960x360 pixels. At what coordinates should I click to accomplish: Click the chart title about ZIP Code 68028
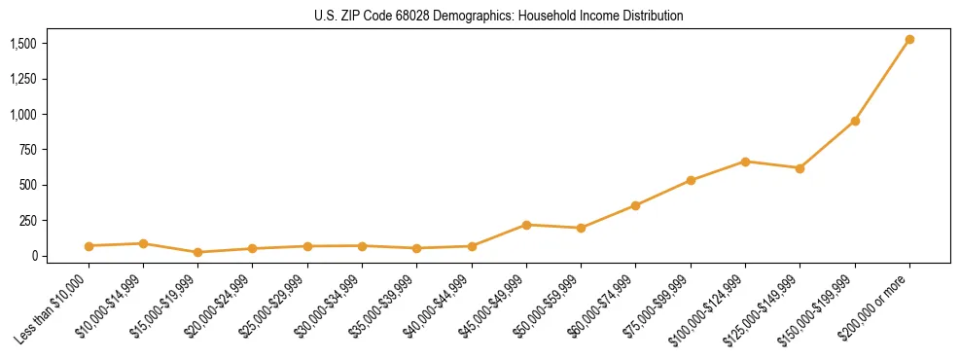498,17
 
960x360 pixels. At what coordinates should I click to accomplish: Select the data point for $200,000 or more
909,40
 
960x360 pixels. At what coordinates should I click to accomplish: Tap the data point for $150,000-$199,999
855,121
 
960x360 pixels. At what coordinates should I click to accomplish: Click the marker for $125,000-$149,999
800,168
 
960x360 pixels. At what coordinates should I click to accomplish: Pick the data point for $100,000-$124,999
745,162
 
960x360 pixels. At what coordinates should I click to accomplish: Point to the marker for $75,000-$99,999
691,180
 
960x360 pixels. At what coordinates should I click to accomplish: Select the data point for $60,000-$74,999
635,205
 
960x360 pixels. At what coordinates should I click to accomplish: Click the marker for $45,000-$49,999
526,225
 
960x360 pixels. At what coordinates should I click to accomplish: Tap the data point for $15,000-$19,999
197,252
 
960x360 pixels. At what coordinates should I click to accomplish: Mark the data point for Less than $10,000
89,246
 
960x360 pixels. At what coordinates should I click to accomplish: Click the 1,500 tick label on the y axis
23,44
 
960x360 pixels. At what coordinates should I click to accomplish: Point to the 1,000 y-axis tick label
23,115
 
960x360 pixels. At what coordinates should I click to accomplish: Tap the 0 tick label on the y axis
34,256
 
